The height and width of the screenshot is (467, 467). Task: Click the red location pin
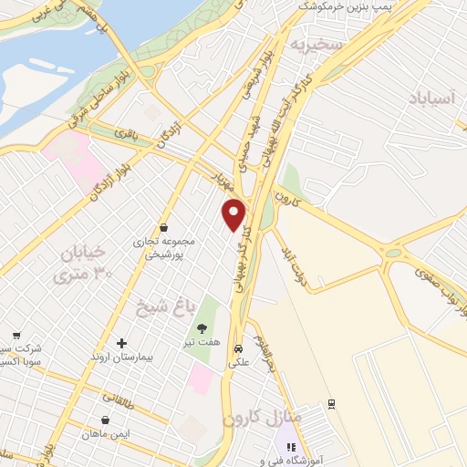(234, 213)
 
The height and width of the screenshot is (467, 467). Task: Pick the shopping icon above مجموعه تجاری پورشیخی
(163, 228)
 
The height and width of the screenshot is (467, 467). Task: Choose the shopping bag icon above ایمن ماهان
(109, 420)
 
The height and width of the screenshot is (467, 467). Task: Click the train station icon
(332, 403)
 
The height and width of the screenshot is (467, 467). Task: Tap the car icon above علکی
(238, 348)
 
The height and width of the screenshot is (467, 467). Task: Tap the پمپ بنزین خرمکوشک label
(348, 8)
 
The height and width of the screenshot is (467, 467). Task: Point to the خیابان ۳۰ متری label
(85, 261)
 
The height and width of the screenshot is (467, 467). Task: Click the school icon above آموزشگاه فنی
(291, 447)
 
